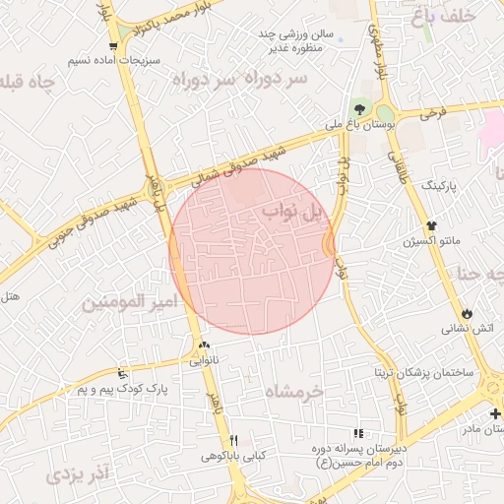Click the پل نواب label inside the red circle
point(293,212)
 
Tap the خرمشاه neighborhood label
point(294,392)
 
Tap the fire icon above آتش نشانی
point(467,312)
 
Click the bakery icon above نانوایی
point(204,346)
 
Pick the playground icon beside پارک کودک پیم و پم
point(123,373)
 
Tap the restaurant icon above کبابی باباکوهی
point(233,440)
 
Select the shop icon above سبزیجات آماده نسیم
point(116,45)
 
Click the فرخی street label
point(432,113)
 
